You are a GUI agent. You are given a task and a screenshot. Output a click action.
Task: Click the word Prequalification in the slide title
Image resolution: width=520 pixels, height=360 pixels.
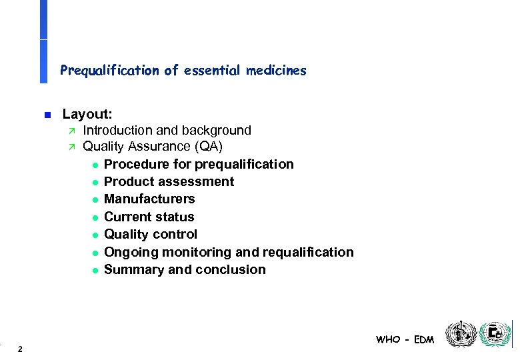coord(109,70)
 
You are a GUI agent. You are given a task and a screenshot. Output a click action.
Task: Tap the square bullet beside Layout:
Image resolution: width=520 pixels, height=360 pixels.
coord(46,115)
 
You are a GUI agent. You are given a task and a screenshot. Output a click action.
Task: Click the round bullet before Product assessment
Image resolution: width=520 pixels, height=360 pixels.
coord(95,182)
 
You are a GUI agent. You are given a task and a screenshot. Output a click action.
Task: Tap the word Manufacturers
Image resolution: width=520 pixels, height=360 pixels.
coord(149,199)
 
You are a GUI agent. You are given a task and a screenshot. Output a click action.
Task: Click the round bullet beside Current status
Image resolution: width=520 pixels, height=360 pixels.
coord(95,217)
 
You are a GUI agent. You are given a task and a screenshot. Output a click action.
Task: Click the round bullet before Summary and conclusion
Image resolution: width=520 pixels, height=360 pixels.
coord(95,270)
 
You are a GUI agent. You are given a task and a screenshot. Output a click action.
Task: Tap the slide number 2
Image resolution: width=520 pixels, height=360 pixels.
coord(21,349)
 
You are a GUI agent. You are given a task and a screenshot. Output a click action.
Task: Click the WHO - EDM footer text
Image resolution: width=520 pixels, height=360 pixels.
coord(405,339)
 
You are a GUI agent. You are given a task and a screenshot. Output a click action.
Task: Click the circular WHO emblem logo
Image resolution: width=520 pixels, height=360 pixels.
coord(461,334)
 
